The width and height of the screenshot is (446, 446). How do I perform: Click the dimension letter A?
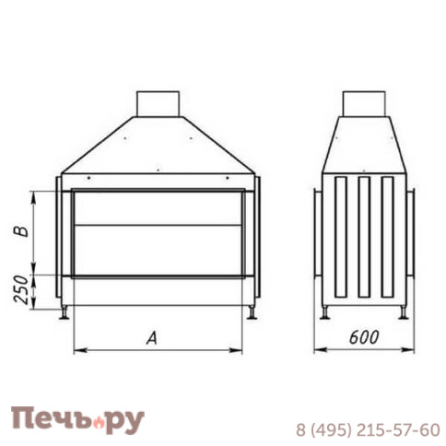tap(153, 338)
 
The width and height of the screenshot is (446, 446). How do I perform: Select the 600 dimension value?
tap(365, 338)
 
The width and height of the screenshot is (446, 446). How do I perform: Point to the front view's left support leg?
tap(65, 313)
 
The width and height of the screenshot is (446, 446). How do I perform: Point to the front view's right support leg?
tap(252, 313)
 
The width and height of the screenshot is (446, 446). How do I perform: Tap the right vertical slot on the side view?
tap(386, 235)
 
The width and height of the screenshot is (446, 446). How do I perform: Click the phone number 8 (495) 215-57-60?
tap(367, 429)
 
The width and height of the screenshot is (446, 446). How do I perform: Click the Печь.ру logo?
tap(77, 420)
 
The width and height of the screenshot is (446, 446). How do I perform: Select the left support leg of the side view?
tap(325, 312)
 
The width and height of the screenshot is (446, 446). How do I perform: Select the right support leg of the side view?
tap(402, 312)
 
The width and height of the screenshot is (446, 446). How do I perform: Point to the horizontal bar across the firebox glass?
tap(158, 224)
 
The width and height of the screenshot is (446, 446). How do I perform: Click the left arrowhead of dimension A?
tap(76, 350)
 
